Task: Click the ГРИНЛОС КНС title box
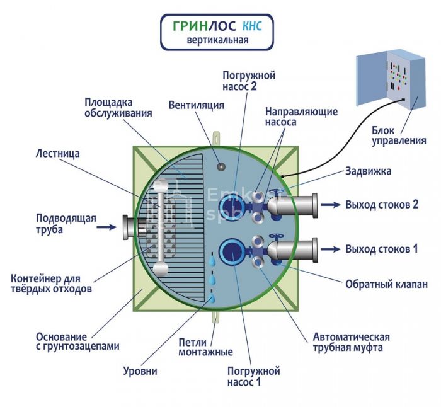click(217, 32)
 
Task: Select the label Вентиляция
click(197, 105)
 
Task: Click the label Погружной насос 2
click(249, 81)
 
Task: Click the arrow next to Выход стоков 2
click(330, 205)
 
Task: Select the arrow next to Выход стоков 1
click(330, 249)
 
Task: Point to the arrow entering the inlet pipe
click(109, 225)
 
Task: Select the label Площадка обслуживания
click(118, 107)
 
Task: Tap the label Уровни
click(140, 371)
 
